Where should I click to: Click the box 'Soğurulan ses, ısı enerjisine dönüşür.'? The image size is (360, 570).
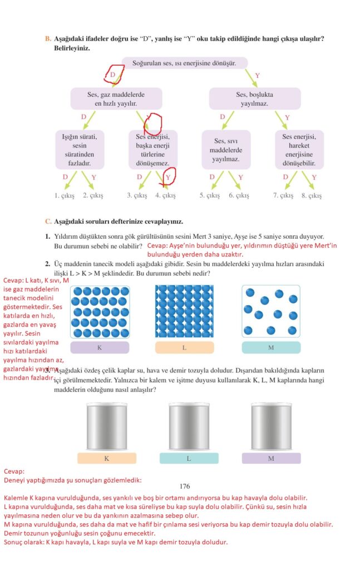point(184,63)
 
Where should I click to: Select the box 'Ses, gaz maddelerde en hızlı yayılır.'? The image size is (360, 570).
point(115,99)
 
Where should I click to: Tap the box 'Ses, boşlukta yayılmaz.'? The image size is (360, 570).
point(254,99)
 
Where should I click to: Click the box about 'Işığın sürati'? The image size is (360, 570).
point(80,149)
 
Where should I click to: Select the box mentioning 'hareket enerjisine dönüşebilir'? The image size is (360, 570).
point(299,149)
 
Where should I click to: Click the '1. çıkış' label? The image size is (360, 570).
point(65,195)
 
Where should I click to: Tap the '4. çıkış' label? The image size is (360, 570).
point(165,195)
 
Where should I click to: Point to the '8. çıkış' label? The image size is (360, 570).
point(312,195)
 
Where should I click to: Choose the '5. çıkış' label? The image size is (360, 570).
point(210,195)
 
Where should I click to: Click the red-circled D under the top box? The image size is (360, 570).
point(113,75)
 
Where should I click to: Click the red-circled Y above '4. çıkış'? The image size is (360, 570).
point(168,177)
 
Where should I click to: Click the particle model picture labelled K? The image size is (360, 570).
point(100,312)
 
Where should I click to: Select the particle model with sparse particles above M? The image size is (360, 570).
point(270,312)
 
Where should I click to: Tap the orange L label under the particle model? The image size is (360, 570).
point(184,348)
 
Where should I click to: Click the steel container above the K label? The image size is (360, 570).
point(107,426)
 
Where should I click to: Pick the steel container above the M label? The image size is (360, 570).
point(271,426)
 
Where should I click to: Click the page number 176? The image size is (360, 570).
point(185,486)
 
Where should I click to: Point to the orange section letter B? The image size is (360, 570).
point(47,38)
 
